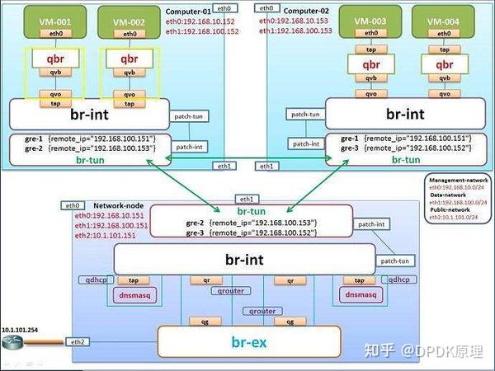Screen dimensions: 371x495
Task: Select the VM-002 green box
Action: [130, 20]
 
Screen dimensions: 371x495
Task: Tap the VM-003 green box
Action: [373, 20]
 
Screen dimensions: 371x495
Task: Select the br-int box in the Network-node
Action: [244, 258]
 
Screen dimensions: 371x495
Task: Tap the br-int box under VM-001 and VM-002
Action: [89, 114]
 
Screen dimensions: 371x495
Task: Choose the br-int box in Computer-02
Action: [405, 114]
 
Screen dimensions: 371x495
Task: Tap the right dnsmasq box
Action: [360, 294]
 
